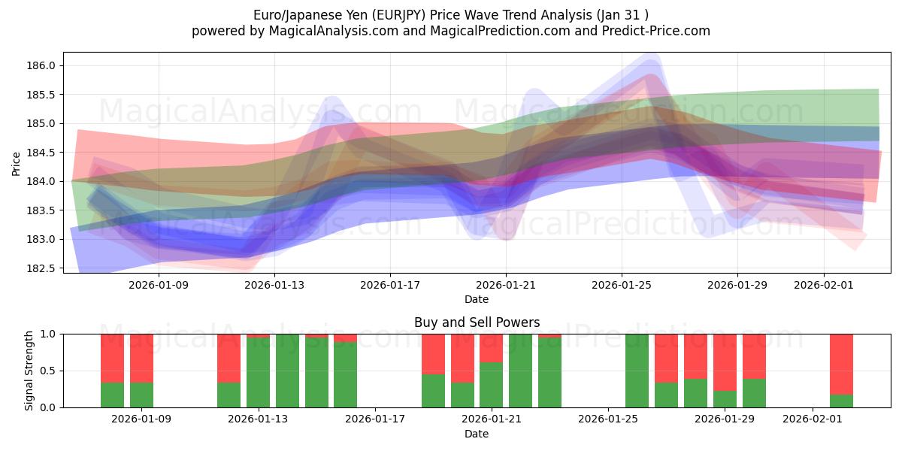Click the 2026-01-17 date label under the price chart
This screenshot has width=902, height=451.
(389, 285)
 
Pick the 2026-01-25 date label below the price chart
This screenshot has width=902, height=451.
(621, 285)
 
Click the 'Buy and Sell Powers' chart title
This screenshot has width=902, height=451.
(477, 322)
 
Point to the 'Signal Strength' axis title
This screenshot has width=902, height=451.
(29, 371)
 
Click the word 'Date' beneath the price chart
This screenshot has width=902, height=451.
(477, 299)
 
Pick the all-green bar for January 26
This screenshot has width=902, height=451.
(637, 371)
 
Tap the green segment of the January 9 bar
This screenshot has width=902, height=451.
(141, 395)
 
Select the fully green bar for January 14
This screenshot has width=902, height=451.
(287, 371)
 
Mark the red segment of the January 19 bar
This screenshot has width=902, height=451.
(433, 353)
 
